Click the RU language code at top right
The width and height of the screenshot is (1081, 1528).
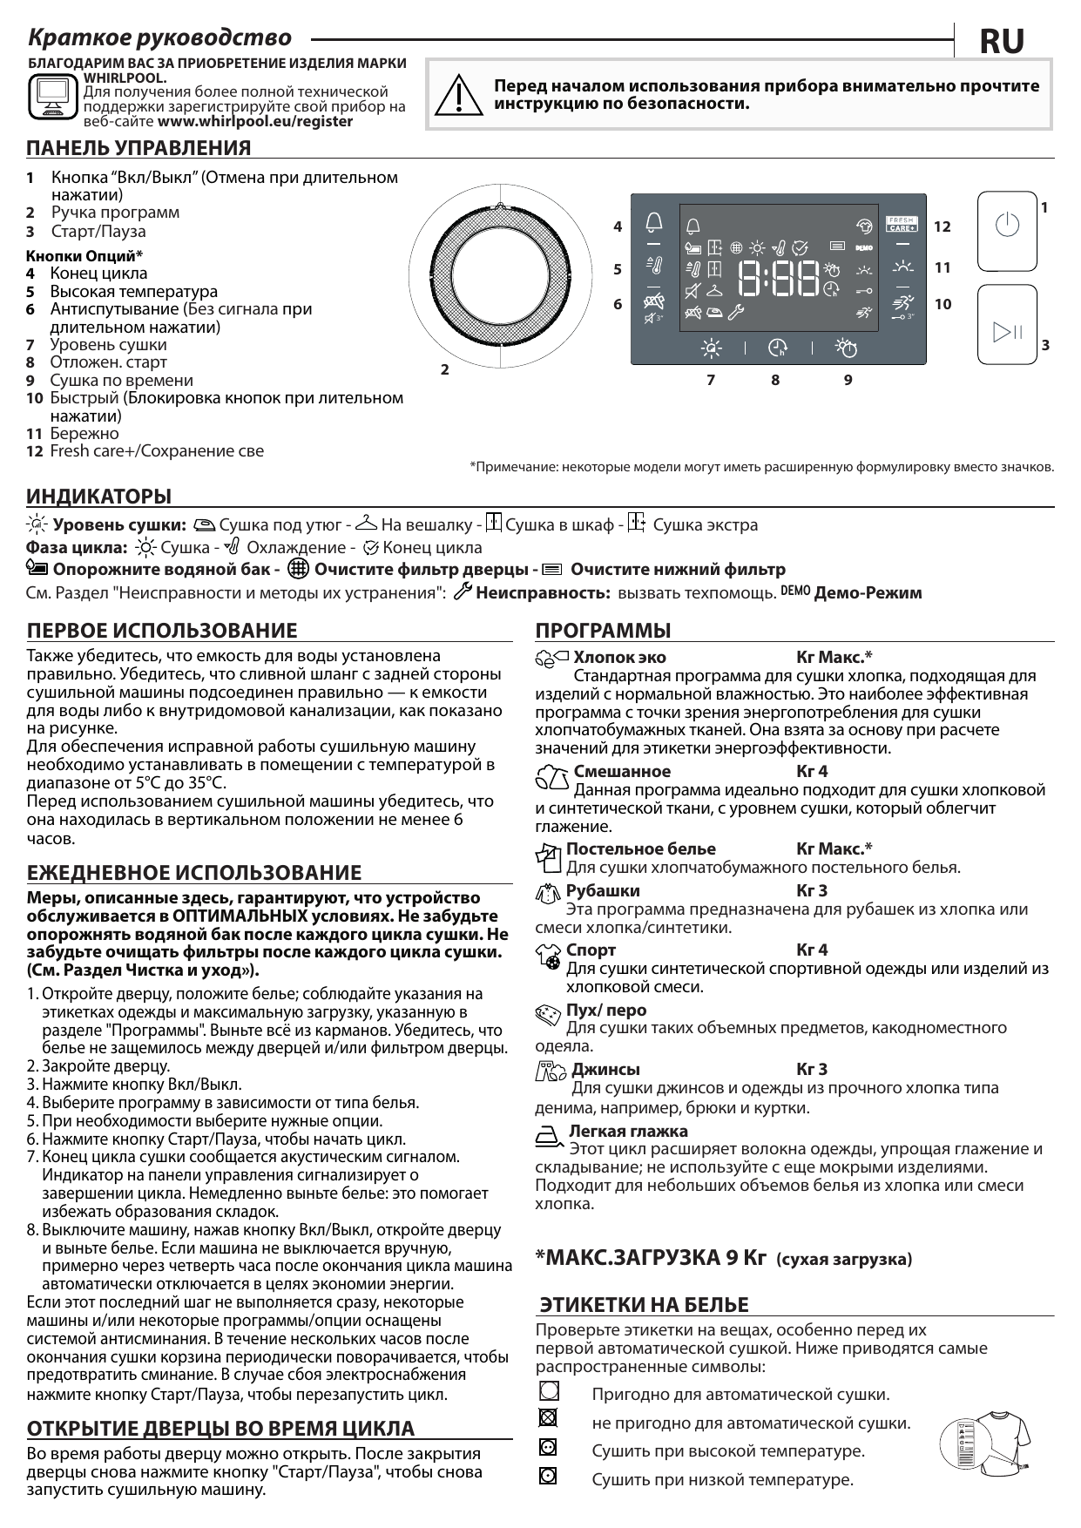click(1002, 41)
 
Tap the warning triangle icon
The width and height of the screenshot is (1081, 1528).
click(458, 95)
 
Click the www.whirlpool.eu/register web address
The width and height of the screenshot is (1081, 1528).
click(255, 121)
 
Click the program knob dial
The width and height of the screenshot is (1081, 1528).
click(500, 277)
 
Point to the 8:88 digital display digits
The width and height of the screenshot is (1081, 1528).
click(779, 278)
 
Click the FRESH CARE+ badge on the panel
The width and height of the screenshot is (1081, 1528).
click(901, 224)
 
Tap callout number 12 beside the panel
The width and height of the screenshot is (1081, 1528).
click(942, 226)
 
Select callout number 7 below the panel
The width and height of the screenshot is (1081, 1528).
click(711, 380)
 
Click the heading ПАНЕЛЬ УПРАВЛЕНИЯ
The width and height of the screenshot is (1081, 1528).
click(139, 148)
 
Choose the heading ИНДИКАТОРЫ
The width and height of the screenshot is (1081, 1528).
click(98, 497)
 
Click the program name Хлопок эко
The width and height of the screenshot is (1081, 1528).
click(619, 658)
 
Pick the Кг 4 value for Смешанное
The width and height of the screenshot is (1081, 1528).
click(812, 771)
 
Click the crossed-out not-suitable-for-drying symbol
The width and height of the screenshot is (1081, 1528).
click(548, 1417)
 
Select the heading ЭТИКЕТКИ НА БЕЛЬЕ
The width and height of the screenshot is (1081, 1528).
click(644, 1305)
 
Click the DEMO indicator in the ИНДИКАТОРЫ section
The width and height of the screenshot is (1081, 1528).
click(794, 591)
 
